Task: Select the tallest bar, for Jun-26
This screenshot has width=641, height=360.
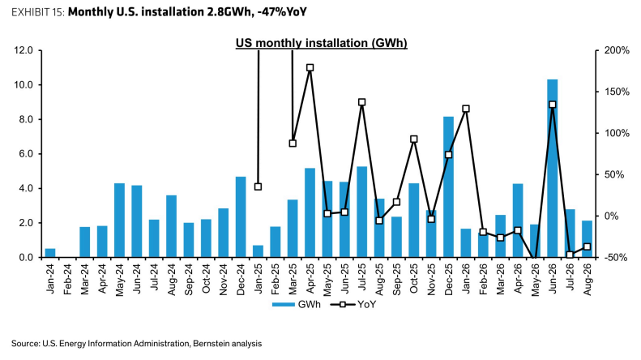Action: (x=553, y=169)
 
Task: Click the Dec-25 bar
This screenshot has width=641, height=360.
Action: (x=448, y=187)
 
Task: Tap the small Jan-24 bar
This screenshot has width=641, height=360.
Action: (x=50, y=253)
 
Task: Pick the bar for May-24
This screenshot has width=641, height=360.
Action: (x=119, y=221)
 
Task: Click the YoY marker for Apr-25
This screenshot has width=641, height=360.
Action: (x=310, y=67)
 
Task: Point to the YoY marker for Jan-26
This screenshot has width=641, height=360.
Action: (x=466, y=109)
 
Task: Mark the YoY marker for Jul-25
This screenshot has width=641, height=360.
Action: (x=361, y=102)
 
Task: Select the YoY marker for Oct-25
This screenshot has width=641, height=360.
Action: (x=414, y=139)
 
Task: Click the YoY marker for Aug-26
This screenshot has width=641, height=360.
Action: (x=587, y=246)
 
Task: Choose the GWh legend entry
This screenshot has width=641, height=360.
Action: (x=297, y=304)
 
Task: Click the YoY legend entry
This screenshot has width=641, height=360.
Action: (x=353, y=304)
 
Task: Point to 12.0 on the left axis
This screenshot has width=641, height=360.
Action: (x=24, y=50)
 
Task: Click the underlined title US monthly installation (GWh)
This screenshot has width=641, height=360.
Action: (x=322, y=43)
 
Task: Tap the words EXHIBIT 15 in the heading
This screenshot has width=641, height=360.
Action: (x=37, y=12)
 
